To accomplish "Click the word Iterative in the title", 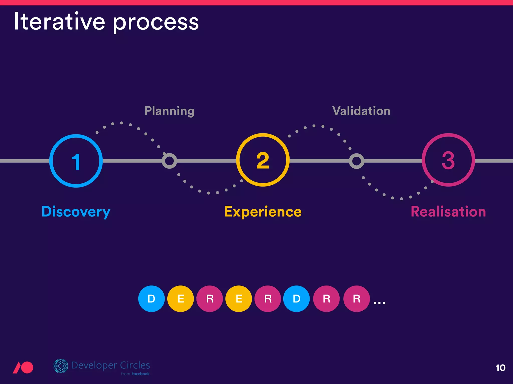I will [59, 22].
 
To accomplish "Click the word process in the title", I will [156, 23].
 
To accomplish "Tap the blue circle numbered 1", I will [76, 161].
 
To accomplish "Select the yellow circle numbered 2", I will [263, 160].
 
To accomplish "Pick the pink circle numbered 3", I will [448, 160].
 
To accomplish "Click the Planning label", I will [169, 111].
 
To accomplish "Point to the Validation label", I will [361, 111].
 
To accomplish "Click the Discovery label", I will [76, 212].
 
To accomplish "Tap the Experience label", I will [263, 212].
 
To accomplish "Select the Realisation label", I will [448, 212].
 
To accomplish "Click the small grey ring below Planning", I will [169, 161].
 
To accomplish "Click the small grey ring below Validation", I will [356, 161].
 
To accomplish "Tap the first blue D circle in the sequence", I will [151, 299].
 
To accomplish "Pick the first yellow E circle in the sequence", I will [181, 299].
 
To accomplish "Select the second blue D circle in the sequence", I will [296, 299].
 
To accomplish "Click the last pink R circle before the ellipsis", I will [356, 299].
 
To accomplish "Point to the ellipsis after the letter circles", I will [379, 303].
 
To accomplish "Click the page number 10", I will [500, 368].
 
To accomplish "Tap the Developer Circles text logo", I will [110, 365].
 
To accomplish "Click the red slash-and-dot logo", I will [23, 367].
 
